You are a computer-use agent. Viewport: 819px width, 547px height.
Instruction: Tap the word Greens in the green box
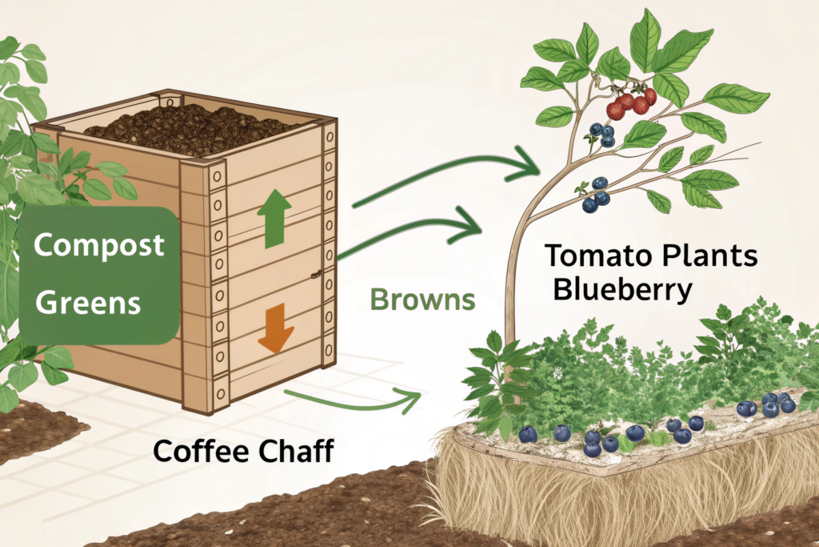coord(89,302)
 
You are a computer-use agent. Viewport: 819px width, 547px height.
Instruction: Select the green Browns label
coord(423,300)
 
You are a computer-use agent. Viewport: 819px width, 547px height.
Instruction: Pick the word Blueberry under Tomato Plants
coord(622,288)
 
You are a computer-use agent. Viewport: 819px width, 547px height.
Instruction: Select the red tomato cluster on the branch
coord(632,103)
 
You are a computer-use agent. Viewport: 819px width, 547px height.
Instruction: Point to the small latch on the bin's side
coord(317,274)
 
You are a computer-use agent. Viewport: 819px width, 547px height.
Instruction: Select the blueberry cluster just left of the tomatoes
coord(601,133)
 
